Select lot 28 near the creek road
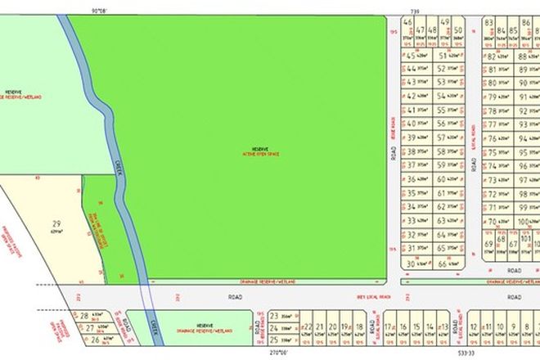84,314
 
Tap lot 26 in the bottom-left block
96,338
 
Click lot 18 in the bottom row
347,330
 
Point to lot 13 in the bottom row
443,330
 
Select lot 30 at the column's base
412,263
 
